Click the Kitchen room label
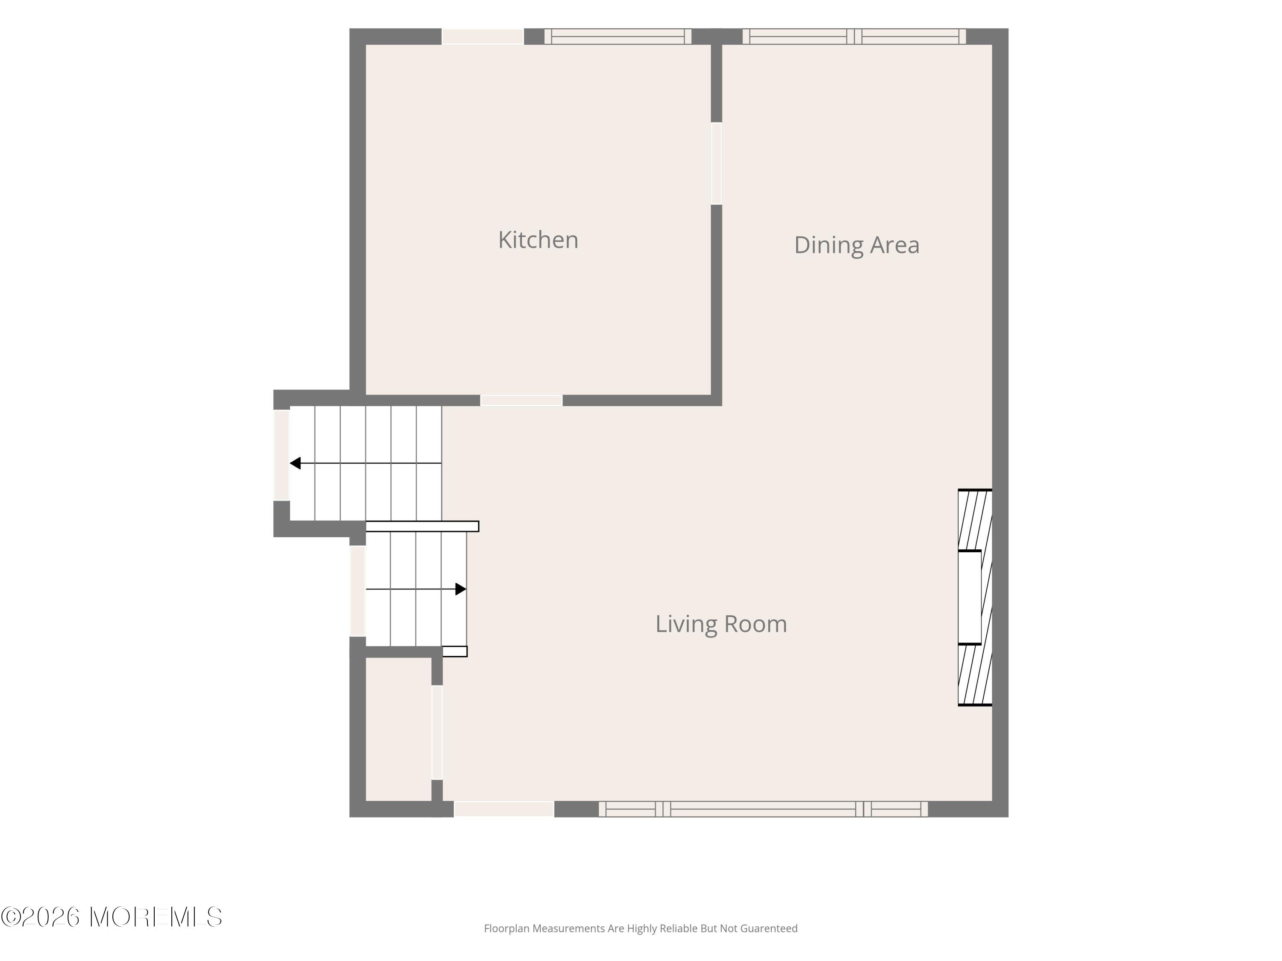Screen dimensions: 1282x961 pos(538,240)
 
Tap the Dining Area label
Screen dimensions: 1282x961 pos(857,245)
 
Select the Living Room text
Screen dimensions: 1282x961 pos(721,624)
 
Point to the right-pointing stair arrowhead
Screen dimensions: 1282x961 pos(461,589)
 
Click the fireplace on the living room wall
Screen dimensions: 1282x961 pos(975,597)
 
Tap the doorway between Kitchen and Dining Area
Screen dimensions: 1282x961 pos(716,163)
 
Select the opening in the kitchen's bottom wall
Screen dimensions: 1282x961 pos(521,400)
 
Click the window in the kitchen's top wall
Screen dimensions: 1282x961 pos(618,36)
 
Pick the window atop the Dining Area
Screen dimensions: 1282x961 pos(854,36)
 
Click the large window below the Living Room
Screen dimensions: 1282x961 pos(763,809)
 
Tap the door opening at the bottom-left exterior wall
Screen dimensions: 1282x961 pos(504,809)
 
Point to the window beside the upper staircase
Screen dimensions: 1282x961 pos(281,455)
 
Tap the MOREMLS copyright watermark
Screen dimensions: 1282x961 pos(111,917)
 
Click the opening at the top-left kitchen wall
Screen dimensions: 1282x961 pos(483,36)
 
